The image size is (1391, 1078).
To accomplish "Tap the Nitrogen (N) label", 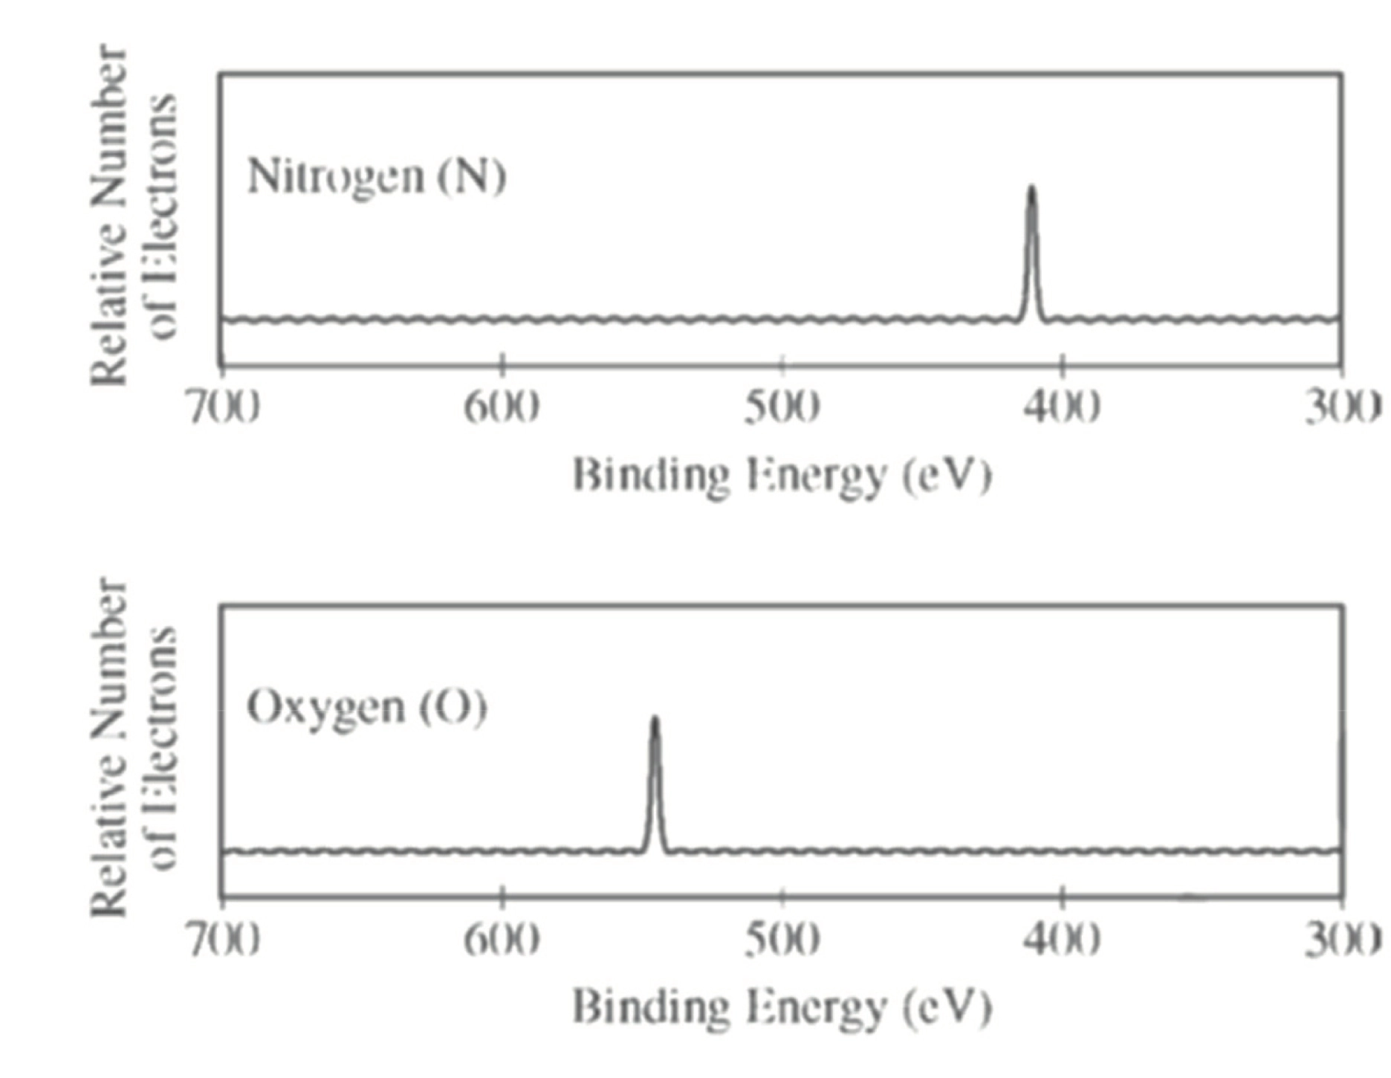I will (377, 177).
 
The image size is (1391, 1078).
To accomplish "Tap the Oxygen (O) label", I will (367, 707).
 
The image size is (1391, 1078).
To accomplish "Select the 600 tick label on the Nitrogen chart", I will (502, 408).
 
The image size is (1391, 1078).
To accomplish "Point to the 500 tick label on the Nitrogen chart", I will (782, 408).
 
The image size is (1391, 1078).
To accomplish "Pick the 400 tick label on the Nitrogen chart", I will (1063, 408).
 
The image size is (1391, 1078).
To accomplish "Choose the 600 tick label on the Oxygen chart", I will (502, 940).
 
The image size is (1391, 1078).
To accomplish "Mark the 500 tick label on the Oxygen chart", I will (782, 940).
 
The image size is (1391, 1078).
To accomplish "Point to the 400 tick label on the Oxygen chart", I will (1063, 940).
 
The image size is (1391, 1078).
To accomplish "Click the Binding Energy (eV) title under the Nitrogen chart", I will (782, 476).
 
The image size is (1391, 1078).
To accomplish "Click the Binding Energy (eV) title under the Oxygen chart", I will (782, 1007).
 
